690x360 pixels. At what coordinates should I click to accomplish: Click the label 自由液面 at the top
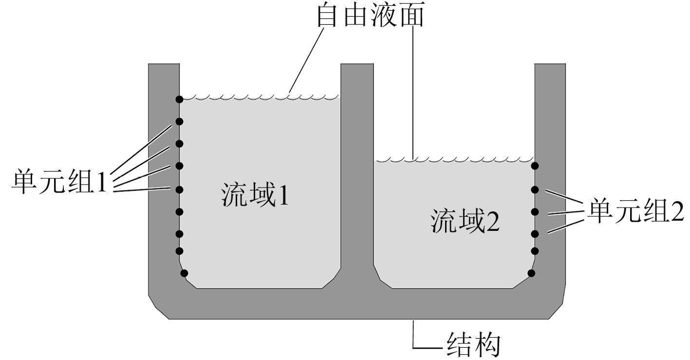pyautogui.click(x=370, y=16)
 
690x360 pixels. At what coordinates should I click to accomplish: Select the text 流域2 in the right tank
pyautogui.click(x=465, y=222)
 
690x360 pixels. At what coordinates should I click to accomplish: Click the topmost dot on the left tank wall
pyautogui.click(x=179, y=99)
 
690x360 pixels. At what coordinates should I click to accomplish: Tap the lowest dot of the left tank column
pyautogui.click(x=184, y=273)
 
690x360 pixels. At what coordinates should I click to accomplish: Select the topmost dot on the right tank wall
pyautogui.click(x=535, y=166)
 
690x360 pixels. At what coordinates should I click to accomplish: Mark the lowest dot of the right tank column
pyautogui.click(x=531, y=273)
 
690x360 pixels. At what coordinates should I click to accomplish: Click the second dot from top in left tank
pyautogui.click(x=179, y=121)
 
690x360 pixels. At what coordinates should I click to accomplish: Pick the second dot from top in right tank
pyautogui.click(x=535, y=189)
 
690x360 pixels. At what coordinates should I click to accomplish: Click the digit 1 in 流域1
pyautogui.click(x=282, y=195)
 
